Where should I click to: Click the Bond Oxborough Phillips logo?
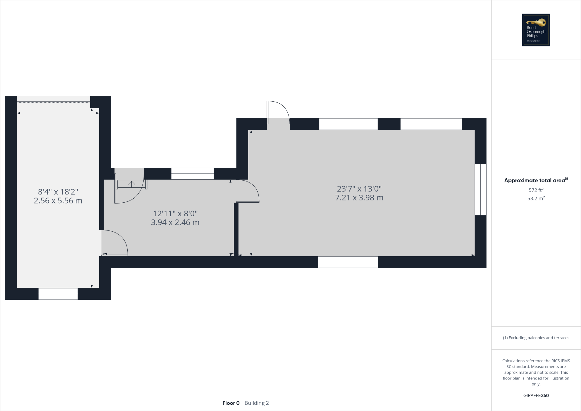click(x=536, y=30)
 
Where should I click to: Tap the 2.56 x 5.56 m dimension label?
click(x=58, y=201)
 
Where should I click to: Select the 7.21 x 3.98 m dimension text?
click(x=359, y=198)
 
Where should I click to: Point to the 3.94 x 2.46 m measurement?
click(x=175, y=222)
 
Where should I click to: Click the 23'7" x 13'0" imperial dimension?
click(x=359, y=189)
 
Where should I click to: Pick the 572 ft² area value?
click(x=536, y=190)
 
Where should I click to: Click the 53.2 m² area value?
click(x=536, y=198)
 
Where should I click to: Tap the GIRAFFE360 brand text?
click(x=536, y=395)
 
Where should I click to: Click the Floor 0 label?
click(x=231, y=403)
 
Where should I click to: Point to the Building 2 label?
click(x=256, y=403)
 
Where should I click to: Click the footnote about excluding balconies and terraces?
click(x=536, y=338)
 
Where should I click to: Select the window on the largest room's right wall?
click(x=481, y=190)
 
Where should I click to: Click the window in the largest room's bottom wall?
click(x=348, y=262)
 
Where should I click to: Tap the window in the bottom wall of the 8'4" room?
click(x=58, y=294)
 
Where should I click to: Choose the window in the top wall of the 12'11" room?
click(x=192, y=173)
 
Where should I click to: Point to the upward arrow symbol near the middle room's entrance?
click(x=131, y=184)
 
